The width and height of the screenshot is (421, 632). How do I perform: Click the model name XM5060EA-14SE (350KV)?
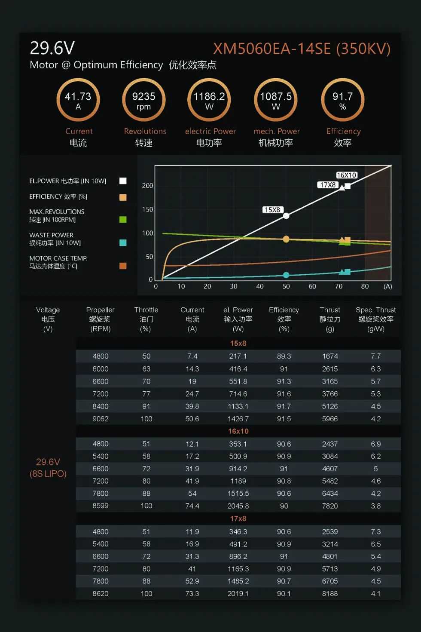click(302, 49)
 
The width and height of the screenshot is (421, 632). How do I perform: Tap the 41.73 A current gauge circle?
click(78, 100)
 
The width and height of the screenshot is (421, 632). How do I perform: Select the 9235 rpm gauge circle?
click(144, 100)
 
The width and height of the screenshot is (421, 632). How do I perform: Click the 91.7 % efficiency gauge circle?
click(342, 100)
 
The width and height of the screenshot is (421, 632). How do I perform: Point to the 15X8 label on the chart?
click(272, 210)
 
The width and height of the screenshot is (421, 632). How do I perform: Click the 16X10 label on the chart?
click(346, 175)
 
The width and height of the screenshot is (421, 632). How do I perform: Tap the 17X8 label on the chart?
click(327, 185)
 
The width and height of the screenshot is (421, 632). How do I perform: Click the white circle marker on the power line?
click(286, 216)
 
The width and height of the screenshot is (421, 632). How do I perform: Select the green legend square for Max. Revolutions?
click(123, 220)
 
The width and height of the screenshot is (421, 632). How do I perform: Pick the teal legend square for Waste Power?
click(123, 243)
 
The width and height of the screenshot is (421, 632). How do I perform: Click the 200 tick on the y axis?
click(147, 186)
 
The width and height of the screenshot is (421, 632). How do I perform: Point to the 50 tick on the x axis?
click(286, 286)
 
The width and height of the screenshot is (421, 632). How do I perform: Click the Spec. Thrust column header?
click(375, 319)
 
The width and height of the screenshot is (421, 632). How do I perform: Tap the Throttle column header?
click(146, 319)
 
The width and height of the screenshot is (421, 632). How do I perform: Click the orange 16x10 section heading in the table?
click(238, 431)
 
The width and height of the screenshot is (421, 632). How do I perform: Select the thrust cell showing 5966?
click(330, 419)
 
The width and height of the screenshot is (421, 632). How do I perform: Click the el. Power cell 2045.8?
click(238, 506)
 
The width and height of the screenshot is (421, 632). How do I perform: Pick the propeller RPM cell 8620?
click(101, 594)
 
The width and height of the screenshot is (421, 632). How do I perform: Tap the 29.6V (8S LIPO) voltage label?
click(48, 468)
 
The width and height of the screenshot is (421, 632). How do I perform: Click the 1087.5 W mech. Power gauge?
click(276, 100)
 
